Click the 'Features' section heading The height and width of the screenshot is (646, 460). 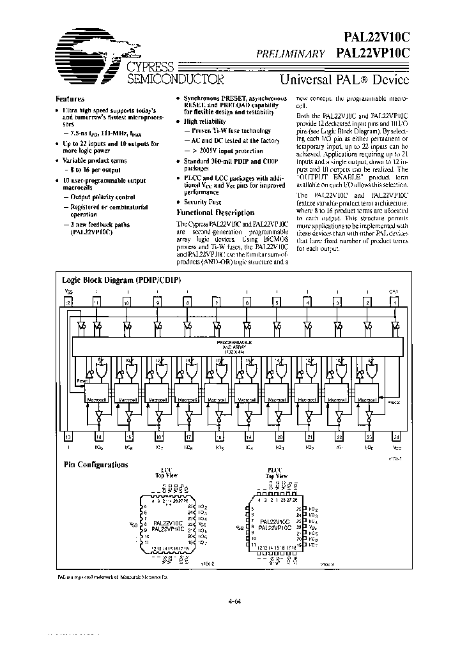(70, 99)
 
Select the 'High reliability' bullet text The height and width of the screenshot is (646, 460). (204, 121)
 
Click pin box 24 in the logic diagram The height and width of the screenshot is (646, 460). (397, 437)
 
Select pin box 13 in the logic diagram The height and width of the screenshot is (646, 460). (67, 437)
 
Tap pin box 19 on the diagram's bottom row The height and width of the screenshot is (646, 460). (249, 437)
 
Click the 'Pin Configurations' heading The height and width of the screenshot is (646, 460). (95, 464)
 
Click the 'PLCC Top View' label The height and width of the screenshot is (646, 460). (277, 474)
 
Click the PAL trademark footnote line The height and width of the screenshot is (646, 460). (111, 576)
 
